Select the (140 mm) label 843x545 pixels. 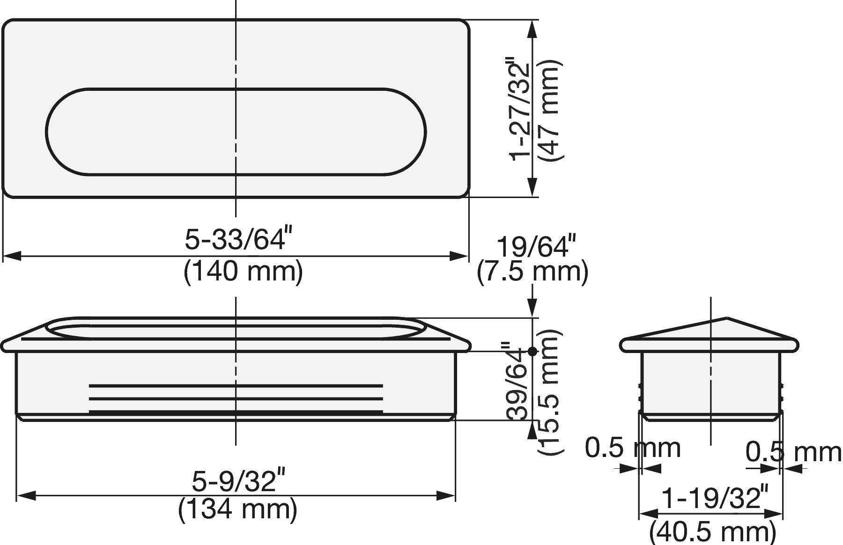(x=243, y=271)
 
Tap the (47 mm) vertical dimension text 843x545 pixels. (x=549, y=110)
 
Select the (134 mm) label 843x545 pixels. (x=237, y=509)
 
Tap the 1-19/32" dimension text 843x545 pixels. (x=715, y=498)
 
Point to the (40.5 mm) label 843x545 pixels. (x=713, y=532)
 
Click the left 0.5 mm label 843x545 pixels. (x=633, y=448)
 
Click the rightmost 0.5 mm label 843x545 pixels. (x=793, y=452)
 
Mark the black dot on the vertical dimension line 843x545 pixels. (x=532, y=351)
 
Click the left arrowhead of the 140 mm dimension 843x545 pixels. (x=11, y=256)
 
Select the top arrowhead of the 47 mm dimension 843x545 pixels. (x=532, y=28)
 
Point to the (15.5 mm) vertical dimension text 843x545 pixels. (x=549, y=391)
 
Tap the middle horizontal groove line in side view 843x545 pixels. (x=236, y=399)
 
